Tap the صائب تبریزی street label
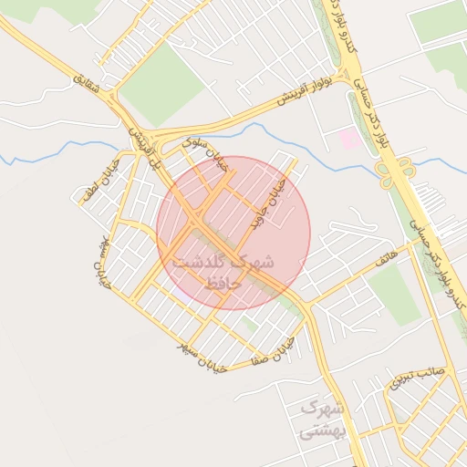click(x=418, y=377)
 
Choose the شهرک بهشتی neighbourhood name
click(x=321, y=420)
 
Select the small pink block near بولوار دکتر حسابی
click(x=348, y=139)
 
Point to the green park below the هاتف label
click(x=393, y=294)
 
